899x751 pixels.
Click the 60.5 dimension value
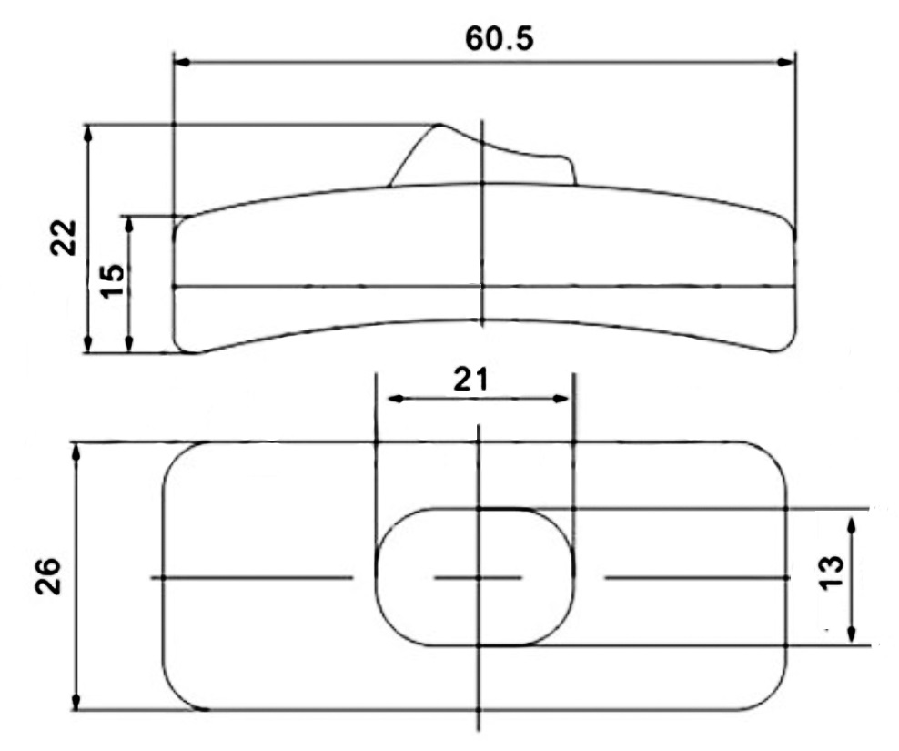pos(499,39)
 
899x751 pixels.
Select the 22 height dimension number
pos(64,238)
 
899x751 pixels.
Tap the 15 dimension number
pos(113,280)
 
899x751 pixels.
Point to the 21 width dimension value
pos(470,380)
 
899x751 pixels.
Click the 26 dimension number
pos(48,575)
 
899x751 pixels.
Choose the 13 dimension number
pos(832,572)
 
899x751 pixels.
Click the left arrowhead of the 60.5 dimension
pos(182,62)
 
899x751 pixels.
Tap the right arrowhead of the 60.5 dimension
pos(786,62)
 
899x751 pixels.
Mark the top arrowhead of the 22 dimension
pos(87,134)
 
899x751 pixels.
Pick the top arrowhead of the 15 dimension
pos(129,225)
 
